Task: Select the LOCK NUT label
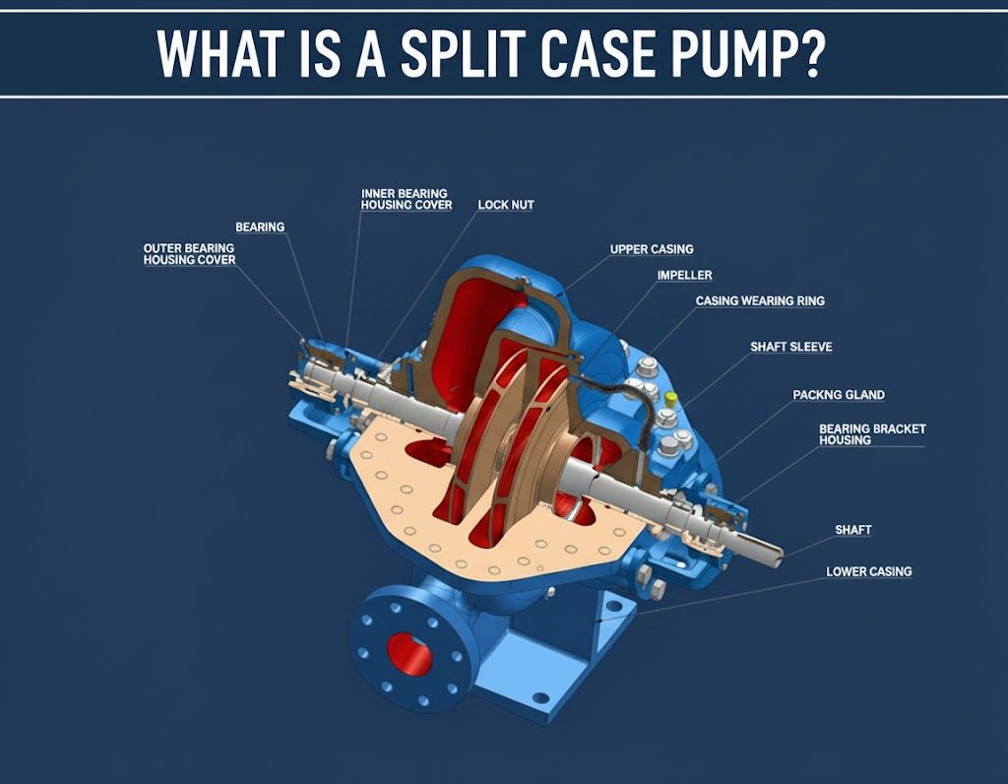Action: coord(506,205)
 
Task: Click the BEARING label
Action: coord(260,228)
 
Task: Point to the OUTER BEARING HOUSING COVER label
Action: coord(189,254)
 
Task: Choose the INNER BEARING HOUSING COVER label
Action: coord(407,200)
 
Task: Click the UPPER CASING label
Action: coord(652,249)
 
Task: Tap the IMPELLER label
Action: coord(684,275)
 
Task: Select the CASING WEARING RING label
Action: coord(760,300)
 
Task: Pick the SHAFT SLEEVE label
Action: coord(790,347)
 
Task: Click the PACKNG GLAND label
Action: coord(839,395)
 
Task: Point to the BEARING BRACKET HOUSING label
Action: coord(872,434)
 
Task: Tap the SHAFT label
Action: coord(853,530)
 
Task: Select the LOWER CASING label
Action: coord(868,571)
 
